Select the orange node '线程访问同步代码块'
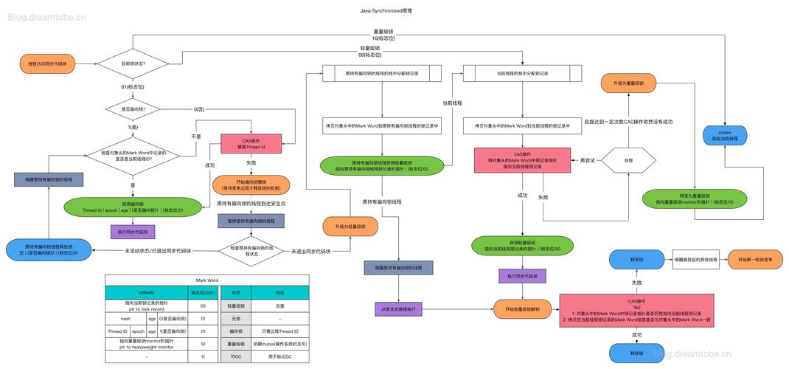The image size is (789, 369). click(x=47, y=64)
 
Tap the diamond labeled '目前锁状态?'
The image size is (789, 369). click(x=133, y=64)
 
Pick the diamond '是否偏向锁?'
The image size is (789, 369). click(x=133, y=109)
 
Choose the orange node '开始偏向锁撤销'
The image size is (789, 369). click(x=251, y=184)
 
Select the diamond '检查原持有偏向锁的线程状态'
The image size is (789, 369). click(x=251, y=251)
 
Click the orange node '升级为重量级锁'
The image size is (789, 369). click(x=628, y=84)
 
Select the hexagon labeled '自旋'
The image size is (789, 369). click(x=628, y=160)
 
